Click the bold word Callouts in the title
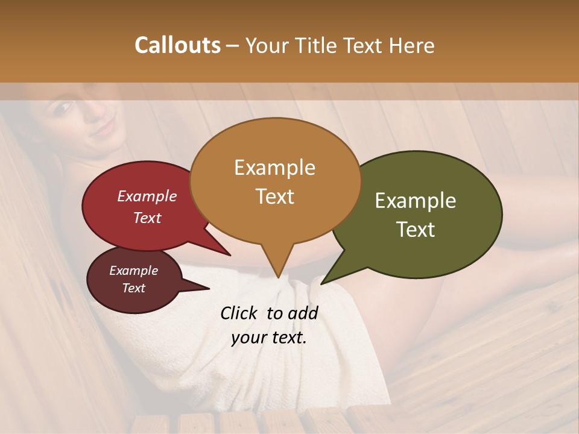178,45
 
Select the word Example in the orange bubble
274,167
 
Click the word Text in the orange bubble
274,196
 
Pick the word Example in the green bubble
416,201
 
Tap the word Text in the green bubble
416,230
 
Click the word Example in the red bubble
147,196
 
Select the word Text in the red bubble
147,218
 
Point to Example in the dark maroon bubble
133,271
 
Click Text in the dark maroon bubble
133,288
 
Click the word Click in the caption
239,313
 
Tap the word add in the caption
303,313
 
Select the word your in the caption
247,338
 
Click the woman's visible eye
63,108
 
